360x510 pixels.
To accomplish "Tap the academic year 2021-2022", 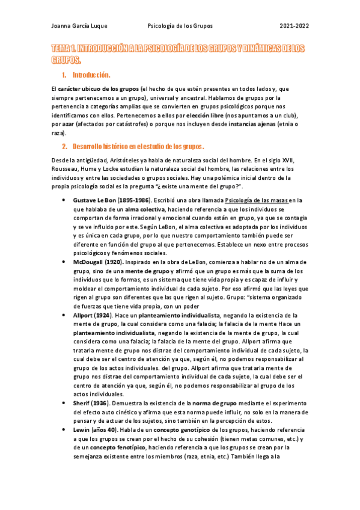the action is [294, 26].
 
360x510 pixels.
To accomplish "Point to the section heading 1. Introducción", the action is [91, 75].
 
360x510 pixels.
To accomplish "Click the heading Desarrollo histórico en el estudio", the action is [138, 146].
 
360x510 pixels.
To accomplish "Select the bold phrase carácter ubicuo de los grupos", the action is [99, 88].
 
